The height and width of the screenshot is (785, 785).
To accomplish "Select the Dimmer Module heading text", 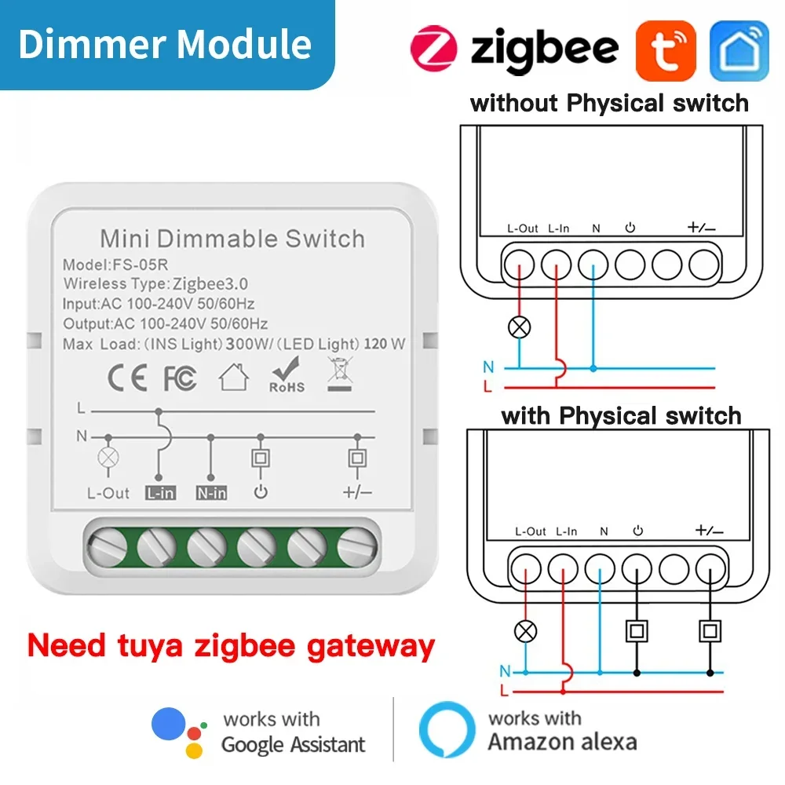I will tap(165, 44).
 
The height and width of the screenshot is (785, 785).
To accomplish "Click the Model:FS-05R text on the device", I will tap(112, 265).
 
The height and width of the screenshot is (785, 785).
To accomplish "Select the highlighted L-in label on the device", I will tap(159, 493).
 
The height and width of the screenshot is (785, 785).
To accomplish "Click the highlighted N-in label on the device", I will tap(210, 493).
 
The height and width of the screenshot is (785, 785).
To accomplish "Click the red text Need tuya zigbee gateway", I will tap(231, 646).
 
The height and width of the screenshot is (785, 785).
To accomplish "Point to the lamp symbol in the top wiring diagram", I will tap(520, 328).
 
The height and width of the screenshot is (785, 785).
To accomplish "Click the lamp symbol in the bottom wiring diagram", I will tap(526, 630).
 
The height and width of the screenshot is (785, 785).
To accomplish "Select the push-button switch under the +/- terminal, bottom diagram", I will tap(711, 630).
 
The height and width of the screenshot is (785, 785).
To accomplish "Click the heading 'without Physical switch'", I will tap(609, 103).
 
